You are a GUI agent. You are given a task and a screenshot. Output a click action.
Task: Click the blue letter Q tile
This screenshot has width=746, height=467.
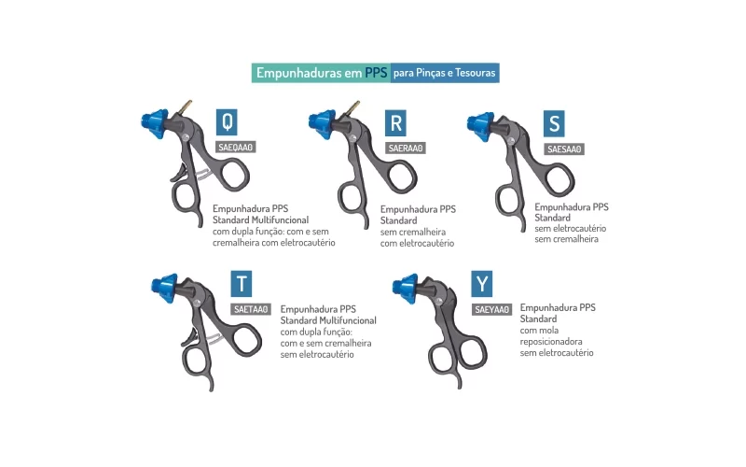point(227,122)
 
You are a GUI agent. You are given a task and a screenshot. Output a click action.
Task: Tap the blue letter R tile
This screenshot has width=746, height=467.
point(395,123)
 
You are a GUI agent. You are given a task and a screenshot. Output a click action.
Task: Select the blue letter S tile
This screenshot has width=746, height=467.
point(554,124)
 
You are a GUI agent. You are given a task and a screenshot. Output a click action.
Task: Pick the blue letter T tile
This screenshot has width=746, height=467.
point(242,284)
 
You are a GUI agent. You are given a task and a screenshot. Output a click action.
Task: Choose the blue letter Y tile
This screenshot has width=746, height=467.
point(482,284)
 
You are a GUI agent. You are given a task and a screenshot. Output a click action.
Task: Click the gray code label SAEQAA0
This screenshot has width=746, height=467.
point(236,148)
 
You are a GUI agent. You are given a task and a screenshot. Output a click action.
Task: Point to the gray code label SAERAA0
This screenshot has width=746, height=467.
point(406,149)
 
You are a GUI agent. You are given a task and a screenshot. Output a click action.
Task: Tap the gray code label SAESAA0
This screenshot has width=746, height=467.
point(564,149)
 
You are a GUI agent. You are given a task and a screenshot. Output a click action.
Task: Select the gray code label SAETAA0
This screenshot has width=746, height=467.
point(251,309)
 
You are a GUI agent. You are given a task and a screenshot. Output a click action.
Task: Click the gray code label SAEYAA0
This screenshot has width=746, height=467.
point(492,310)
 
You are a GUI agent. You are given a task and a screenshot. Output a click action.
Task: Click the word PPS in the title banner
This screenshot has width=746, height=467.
point(376,73)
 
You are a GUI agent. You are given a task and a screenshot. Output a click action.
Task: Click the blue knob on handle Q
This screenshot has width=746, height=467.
point(155,123)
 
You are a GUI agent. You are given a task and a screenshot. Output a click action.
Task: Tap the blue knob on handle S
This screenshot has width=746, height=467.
point(480,126)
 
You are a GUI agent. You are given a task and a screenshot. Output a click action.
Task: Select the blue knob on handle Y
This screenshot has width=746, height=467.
point(406,288)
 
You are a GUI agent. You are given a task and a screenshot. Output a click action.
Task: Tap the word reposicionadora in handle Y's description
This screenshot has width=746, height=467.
point(551,342)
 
